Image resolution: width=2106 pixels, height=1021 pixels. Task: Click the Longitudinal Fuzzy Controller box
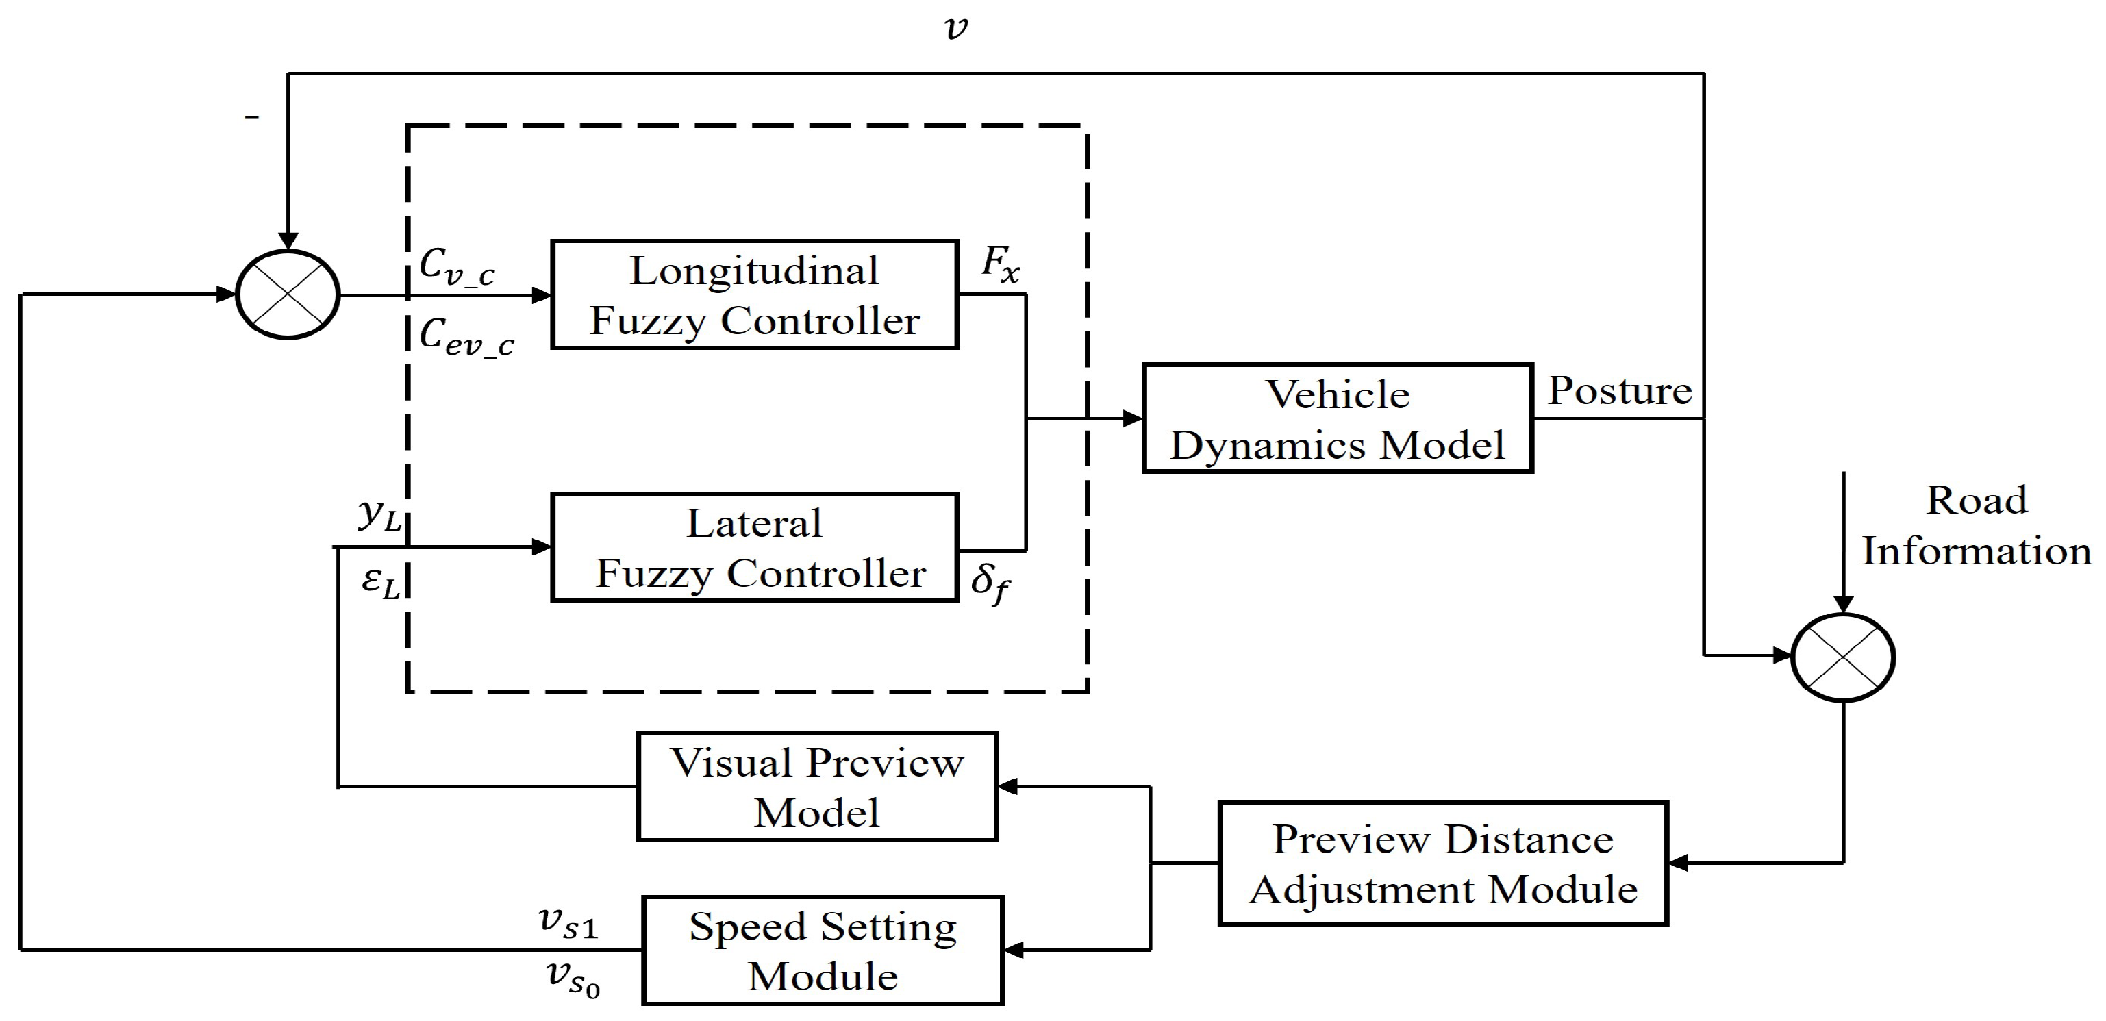(x=754, y=295)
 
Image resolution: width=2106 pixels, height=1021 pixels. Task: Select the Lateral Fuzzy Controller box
(x=754, y=548)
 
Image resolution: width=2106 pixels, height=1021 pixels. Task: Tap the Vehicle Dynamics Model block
(x=1337, y=418)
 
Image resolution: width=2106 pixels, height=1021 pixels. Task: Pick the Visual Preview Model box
(x=817, y=786)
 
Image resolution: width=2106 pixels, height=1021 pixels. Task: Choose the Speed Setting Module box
(x=823, y=950)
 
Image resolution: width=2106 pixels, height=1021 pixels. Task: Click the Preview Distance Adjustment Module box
(x=1443, y=864)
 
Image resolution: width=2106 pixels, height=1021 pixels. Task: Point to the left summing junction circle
(x=288, y=294)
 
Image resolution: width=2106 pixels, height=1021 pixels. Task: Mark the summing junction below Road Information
(x=1843, y=657)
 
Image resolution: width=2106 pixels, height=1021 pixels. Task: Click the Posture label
(x=1619, y=391)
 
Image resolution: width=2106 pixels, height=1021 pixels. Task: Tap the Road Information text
(x=1976, y=526)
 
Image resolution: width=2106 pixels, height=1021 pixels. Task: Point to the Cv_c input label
(x=456, y=266)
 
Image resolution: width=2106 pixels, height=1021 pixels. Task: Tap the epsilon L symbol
(x=380, y=582)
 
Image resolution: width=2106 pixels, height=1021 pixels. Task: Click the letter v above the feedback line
(x=955, y=29)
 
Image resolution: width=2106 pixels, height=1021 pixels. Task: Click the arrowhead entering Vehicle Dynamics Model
(x=1132, y=418)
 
